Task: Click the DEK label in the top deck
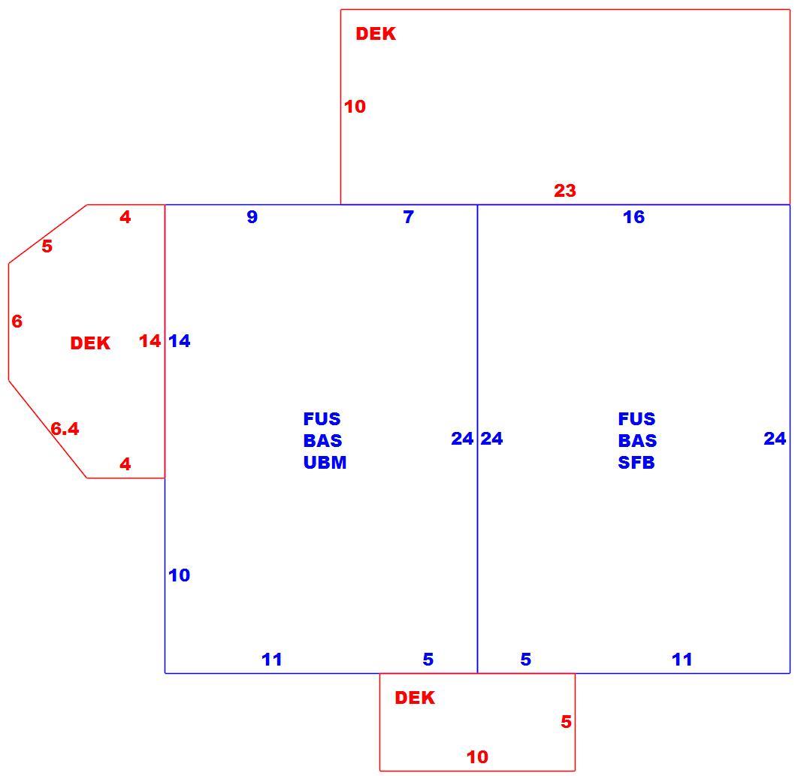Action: point(376,34)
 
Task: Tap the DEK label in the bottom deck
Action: point(414,698)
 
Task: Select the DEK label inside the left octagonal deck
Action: point(90,343)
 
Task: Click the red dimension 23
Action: point(565,191)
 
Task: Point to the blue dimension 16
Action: point(633,217)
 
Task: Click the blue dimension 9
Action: point(252,217)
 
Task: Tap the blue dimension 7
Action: point(408,217)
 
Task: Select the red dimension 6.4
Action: point(65,429)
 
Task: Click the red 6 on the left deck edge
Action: point(17,322)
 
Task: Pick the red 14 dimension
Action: point(150,341)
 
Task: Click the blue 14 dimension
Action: point(180,341)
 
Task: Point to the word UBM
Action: point(325,462)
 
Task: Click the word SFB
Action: point(636,462)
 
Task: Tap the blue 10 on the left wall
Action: point(180,575)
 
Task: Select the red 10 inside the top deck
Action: point(355,107)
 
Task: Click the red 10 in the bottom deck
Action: point(477,757)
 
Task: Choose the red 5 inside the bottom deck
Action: point(566,722)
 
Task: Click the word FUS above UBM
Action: point(322,419)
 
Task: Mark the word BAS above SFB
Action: point(637,440)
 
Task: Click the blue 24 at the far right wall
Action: point(775,438)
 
